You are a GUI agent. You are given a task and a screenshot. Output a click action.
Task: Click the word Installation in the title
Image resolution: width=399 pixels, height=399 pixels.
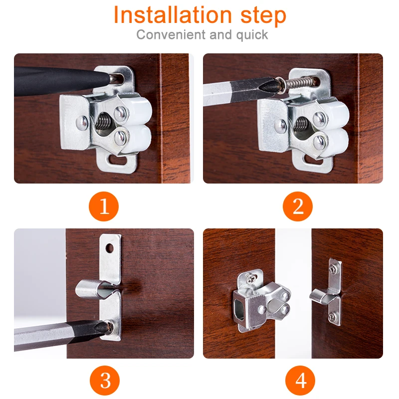click(173, 15)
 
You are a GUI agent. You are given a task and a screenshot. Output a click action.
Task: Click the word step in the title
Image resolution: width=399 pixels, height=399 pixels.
click(263, 16)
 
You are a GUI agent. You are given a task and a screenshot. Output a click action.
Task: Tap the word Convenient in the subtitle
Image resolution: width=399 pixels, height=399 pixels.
click(171, 34)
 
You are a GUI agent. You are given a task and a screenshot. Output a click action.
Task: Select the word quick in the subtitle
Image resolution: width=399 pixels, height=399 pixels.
click(252, 35)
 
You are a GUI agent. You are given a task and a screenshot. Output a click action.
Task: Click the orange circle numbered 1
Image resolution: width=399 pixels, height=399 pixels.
click(104, 206)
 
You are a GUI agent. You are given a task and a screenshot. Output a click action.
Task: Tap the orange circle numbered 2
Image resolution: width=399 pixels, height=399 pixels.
click(297, 206)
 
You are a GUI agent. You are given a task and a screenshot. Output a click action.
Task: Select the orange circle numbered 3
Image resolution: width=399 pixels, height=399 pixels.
click(105, 381)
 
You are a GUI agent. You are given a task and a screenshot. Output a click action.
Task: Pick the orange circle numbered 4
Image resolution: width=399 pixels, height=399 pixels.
click(300, 381)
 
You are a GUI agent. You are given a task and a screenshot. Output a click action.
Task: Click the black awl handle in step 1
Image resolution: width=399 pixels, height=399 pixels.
click(61, 81)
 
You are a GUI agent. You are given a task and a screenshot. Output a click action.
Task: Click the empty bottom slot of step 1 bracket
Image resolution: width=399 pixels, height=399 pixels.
click(118, 160)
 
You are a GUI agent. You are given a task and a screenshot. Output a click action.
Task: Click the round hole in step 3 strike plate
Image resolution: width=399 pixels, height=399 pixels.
click(109, 248)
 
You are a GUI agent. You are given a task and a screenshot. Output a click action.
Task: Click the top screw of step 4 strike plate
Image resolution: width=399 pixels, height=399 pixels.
click(333, 269)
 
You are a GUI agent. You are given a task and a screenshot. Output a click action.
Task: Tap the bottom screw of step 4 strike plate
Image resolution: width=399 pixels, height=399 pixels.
click(332, 317)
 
